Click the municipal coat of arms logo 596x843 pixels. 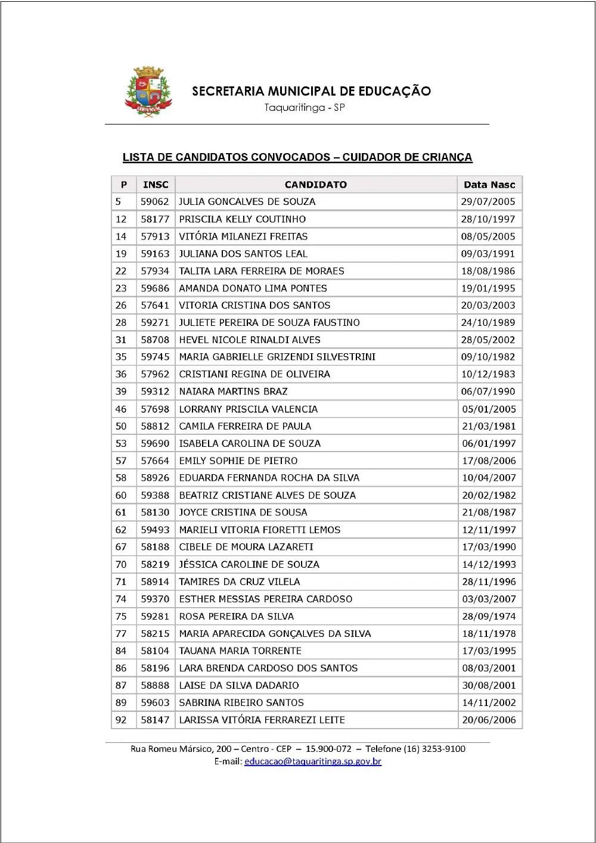click(x=147, y=91)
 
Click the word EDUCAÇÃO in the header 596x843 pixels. click(x=394, y=91)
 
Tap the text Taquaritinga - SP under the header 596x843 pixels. click(x=305, y=108)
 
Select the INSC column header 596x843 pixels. click(x=156, y=185)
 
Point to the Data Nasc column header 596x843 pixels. click(x=489, y=185)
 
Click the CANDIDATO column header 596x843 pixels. click(x=315, y=185)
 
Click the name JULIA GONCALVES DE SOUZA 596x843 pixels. click(x=247, y=202)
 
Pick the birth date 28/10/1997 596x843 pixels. click(x=488, y=219)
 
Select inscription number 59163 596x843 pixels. click(x=155, y=254)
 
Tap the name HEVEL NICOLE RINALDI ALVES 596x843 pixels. click(x=250, y=340)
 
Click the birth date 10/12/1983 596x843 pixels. click(x=488, y=374)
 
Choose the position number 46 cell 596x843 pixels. click(x=121, y=409)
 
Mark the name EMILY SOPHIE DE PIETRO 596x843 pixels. click(x=238, y=461)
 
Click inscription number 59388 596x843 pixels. click(x=155, y=495)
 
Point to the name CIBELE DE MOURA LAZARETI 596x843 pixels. click(x=246, y=547)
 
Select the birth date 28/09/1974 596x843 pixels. click(x=489, y=616)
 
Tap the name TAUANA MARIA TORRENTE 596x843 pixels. click(x=240, y=651)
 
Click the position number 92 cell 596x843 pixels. click(x=121, y=720)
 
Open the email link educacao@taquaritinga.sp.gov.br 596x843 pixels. click(x=313, y=761)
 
